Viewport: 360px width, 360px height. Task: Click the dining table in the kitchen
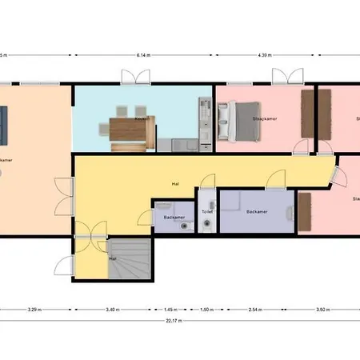coord(128,130)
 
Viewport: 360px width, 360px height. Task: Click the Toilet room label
coord(207,212)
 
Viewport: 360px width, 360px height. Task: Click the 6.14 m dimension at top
coord(144,55)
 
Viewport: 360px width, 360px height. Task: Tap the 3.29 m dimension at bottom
coord(34,308)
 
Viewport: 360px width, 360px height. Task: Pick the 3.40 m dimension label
coord(112,308)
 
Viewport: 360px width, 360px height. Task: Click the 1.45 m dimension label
coord(170,308)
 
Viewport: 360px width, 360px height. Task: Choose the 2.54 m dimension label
coord(255,308)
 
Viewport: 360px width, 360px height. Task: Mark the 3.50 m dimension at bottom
coord(322,308)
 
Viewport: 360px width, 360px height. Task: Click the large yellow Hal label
coord(174,184)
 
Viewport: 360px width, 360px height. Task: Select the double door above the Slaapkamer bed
coord(282,78)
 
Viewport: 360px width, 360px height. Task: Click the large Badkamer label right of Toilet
coord(257,212)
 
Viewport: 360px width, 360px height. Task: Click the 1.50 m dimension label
coord(205,308)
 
